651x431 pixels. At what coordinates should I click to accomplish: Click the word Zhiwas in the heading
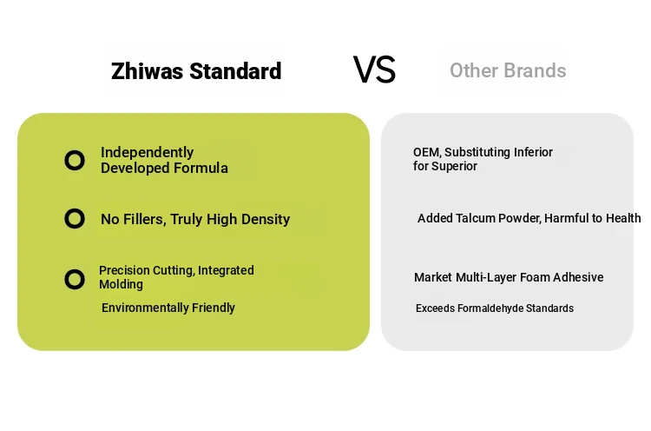pos(147,71)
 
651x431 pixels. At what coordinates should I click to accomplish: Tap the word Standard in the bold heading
pos(235,71)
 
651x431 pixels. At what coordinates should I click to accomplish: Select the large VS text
pos(374,70)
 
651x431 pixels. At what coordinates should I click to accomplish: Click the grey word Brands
pos(535,70)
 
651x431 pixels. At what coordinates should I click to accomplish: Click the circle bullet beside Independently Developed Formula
pos(75,161)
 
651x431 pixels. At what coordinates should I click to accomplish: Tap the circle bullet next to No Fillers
pos(75,219)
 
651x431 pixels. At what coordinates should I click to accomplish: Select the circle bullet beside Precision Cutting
pos(75,279)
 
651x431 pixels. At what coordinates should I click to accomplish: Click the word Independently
pos(147,153)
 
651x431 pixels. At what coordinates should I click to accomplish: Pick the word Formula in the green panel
pos(201,168)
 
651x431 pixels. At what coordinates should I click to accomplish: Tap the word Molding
pos(121,284)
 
